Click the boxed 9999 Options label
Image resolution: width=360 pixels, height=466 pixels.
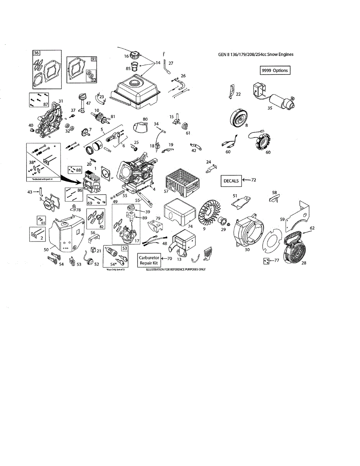pos(275,70)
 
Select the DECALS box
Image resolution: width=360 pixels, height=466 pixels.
pos(231,181)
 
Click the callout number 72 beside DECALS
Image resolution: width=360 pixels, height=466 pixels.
pos(254,180)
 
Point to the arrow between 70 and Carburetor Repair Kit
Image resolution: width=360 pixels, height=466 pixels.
pos(163,258)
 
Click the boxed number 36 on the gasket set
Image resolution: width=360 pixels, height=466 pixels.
pos(36,53)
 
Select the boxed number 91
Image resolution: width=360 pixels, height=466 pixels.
pos(94,59)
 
